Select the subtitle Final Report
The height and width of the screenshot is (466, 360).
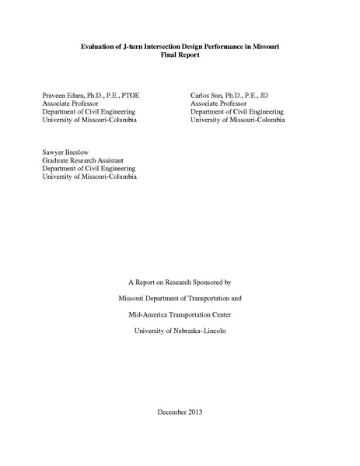pyautogui.click(x=180, y=57)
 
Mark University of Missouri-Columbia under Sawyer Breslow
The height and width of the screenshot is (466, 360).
pyautogui.click(x=89, y=177)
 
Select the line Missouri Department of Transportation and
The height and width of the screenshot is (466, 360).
pyautogui.click(x=180, y=298)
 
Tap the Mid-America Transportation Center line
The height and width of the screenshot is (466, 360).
pyautogui.click(x=180, y=316)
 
